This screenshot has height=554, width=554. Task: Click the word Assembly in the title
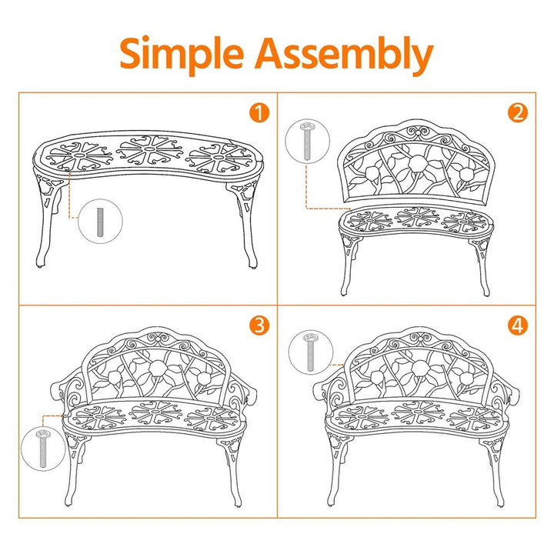pos(344,54)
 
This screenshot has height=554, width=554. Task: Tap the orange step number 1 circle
pos(259,113)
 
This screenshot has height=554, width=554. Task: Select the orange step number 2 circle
pos(518,113)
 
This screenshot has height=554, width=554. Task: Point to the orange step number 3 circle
pos(259,325)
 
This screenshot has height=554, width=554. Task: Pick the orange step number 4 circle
pos(518,325)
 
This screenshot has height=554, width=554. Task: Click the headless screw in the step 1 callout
pos(100,222)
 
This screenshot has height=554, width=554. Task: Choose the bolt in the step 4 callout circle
pos(311,352)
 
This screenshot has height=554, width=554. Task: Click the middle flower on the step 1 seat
pos(149,151)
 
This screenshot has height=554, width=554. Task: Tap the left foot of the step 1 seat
pos(40,262)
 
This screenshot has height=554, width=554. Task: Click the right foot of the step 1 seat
pos(252,264)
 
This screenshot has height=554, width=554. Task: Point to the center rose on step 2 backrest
pos(417,163)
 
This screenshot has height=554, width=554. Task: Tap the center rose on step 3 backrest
pos(158,369)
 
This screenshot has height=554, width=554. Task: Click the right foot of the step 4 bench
pos(500,502)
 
